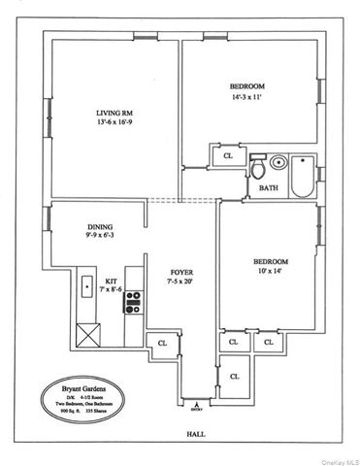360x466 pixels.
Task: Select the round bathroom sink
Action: coord(278,163)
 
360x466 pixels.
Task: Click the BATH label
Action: coord(269,188)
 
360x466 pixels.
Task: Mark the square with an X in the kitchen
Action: coord(88,336)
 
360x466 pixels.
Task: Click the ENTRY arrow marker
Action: coord(198,402)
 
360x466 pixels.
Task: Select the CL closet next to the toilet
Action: coord(228,155)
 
